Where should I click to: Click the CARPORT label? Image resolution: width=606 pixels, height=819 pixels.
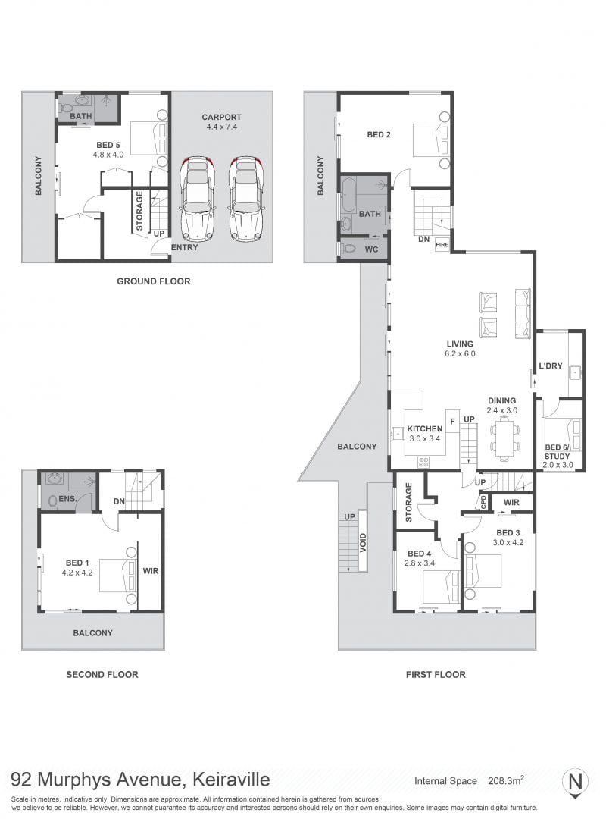[221, 118]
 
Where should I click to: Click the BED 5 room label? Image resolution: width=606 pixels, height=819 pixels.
[108, 145]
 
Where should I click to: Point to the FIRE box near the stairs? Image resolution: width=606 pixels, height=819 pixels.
[442, 244]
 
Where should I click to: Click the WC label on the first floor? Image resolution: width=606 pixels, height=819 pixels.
[371, 249]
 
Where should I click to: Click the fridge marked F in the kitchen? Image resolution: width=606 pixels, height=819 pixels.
[452, 421]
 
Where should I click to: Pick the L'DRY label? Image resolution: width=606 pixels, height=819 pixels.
[551, 366]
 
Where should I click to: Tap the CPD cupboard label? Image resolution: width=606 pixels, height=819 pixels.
[483, 502]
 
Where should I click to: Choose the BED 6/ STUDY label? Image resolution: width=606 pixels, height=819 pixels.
[558, 452]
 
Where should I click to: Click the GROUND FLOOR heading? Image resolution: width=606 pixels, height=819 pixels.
[154, 281]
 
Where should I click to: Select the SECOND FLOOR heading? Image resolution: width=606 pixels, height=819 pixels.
[102, 674]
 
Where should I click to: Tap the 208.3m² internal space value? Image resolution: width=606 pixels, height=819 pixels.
[506, 781]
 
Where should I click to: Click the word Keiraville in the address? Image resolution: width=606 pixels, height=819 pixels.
[232, 780]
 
